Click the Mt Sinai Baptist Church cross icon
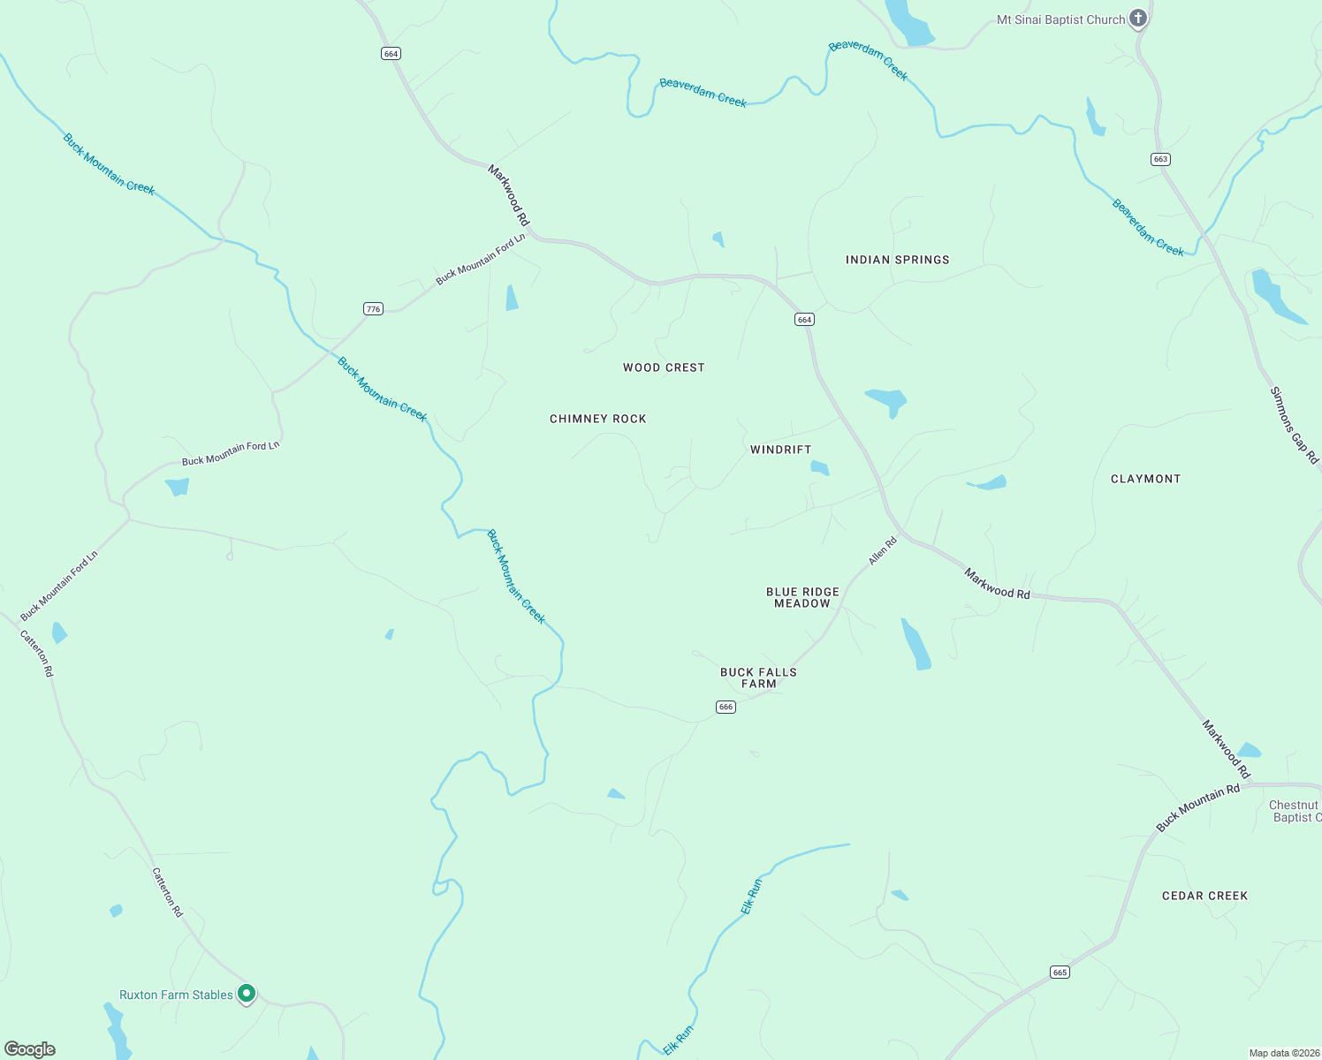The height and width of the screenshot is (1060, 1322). (1138, 18)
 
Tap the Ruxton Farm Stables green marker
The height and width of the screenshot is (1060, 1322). (247, 994)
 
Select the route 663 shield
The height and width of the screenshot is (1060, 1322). (1160, 159)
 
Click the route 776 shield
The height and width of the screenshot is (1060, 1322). (374, 309)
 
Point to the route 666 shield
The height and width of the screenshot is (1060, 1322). (726, 707)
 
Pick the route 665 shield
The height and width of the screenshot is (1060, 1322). (1060, 973)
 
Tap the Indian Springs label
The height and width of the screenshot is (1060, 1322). (897, 260)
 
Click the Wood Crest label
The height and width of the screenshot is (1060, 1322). (664, 367)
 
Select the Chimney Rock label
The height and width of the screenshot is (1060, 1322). (598, 419)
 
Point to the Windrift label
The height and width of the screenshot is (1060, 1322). (780, 450)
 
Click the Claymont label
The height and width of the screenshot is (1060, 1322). (1145, 479)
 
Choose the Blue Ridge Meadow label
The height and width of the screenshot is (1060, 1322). (802, 598)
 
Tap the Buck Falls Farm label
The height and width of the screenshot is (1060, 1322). (758, 678)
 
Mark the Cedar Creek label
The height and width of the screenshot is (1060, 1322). (1204, 896)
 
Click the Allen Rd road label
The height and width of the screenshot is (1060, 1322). (883, 551)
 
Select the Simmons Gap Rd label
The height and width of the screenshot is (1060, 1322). (1294, 425)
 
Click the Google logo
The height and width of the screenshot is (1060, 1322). (30, 1049)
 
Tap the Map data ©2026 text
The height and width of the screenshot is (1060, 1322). (1283, 1053)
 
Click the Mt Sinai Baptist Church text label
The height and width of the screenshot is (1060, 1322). (1060, 19)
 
